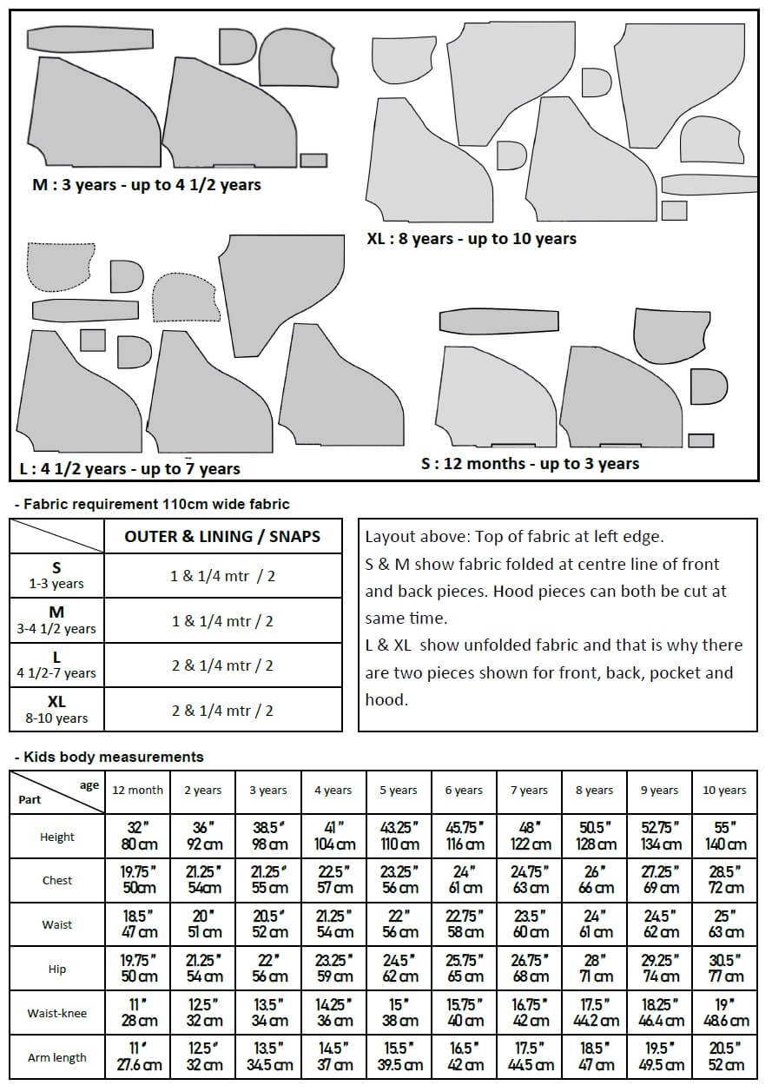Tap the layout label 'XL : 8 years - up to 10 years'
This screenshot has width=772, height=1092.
point(472,238)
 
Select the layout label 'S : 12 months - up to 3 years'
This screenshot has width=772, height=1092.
point(530,464)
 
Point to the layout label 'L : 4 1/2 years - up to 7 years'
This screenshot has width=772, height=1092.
point(130,469)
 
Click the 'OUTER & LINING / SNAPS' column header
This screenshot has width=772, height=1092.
point(222,537)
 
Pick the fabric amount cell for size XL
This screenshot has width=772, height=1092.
point(222,710)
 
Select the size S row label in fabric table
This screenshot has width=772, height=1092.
point(56,575)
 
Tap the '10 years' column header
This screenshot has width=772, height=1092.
point(724,791)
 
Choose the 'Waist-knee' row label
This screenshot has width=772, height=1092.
point(57,1013)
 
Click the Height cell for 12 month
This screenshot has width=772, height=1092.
point(137,836)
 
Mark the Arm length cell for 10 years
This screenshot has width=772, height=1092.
point(724,1056)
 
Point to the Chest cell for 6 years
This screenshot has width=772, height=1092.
point(465,879)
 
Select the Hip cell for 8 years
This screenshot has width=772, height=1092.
point(596,968)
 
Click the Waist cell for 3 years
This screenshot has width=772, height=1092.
point(268,923)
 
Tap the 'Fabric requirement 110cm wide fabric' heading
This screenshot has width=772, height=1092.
point(155,504)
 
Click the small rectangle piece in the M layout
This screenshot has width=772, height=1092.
point(313,160)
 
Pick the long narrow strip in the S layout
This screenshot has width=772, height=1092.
point(498,321)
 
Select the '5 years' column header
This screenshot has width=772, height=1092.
point(399,791)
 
